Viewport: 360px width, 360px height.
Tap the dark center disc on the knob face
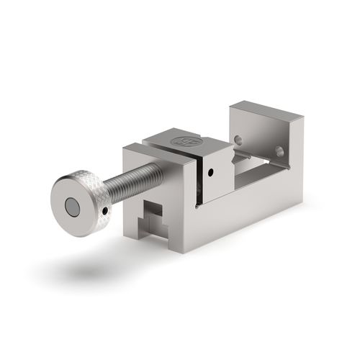(x=73, y=208)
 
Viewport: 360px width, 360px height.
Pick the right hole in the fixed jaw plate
(x=279, y=151)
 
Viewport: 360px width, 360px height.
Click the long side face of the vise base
(x=252, y=209)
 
